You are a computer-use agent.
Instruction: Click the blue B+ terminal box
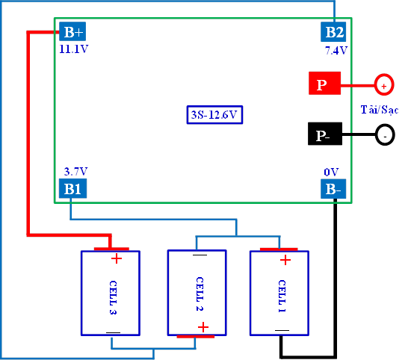coord(72,31)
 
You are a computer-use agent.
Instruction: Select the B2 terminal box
coord(333,32)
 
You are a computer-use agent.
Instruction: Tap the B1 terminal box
coord(72,188)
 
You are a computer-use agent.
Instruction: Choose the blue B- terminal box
coord(333,189)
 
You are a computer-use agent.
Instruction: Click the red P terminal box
coord(325,83)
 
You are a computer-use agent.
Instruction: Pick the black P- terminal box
coord(325,134)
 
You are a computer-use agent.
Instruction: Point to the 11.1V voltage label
coord(74,49)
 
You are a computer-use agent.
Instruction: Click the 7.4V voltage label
coord(336,50)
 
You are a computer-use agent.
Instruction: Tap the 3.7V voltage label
coord(75,171)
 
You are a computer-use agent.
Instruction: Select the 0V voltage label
coord(331,172)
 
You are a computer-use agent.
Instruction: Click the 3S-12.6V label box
coord(214,115)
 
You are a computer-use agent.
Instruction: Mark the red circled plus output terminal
coord(384,84)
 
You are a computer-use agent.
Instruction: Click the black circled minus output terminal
coord(385,135)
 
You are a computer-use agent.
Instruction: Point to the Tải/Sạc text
coord(380,110)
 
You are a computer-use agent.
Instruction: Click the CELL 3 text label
coord(113,297)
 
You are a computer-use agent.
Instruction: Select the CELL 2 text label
coord(200,294)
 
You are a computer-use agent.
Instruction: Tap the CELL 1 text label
coord(282,296)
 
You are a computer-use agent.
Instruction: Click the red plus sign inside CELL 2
coord(203,327)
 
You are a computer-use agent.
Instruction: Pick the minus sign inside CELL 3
coord(113,332)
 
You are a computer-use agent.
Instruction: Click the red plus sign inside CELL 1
coord(285,260)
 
